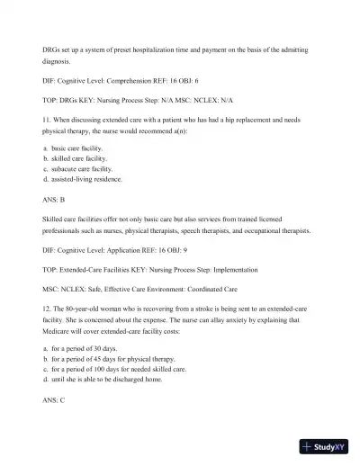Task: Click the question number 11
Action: [46, 118]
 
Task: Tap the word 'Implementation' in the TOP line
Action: [235, 269]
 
